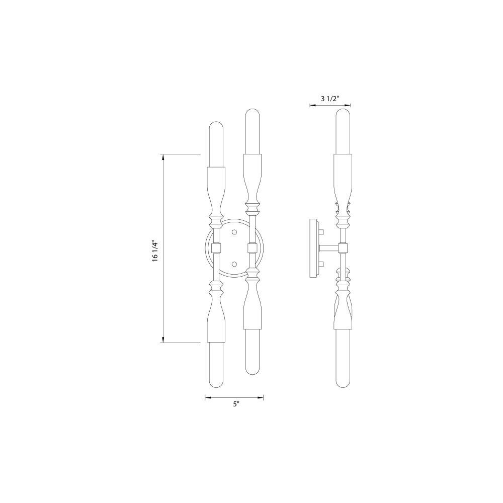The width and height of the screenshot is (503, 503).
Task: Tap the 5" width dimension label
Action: click(236, 404)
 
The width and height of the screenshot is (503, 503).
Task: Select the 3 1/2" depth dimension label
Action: click(330, 99)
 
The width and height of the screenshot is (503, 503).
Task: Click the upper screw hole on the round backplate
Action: click(234, 231)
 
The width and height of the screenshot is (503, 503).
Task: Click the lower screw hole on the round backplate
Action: click(234, 264)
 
